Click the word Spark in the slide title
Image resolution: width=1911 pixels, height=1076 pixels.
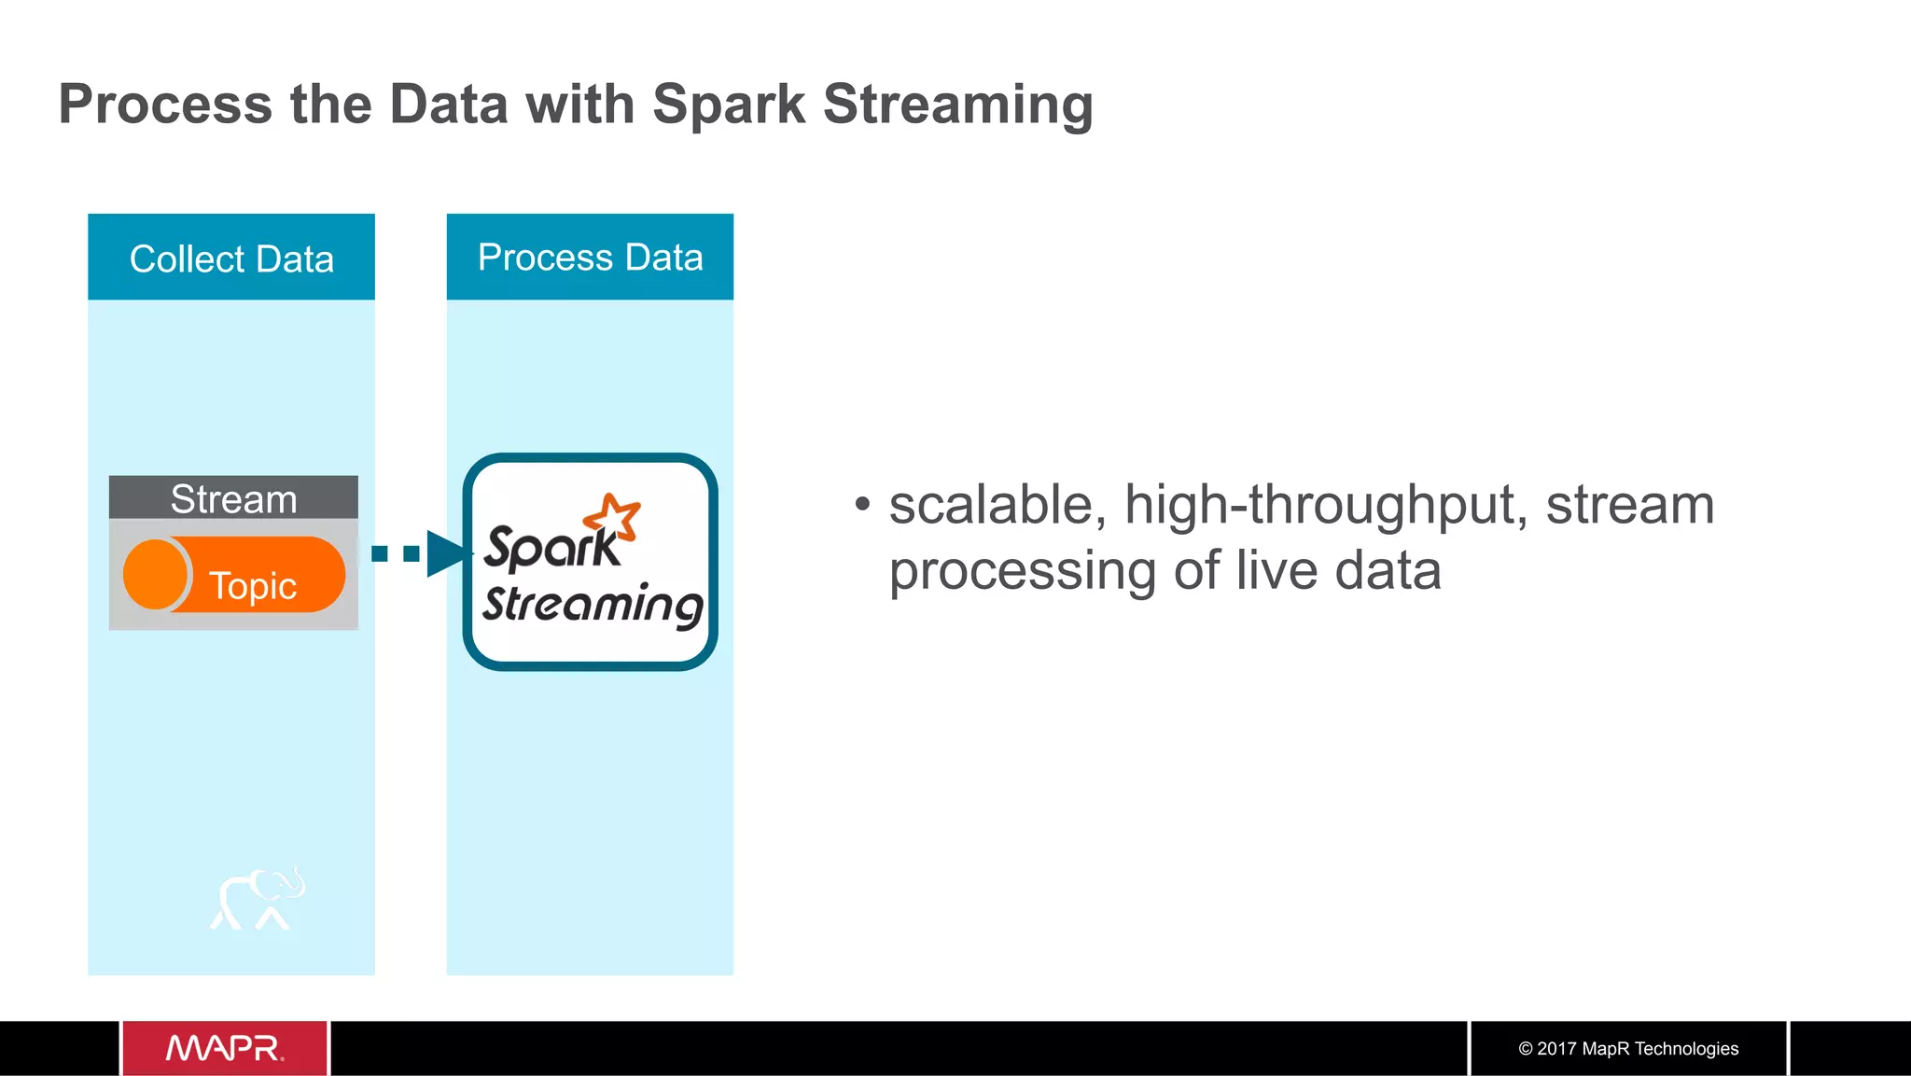click(x=728, y=105)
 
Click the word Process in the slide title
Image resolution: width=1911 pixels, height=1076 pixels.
click(x=165, y=105)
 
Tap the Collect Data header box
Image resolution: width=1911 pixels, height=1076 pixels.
click(x=231, y=258)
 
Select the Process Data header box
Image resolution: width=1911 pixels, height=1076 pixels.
click(x=590, y=258)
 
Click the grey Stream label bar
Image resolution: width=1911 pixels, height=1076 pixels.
click(x=233, y=498)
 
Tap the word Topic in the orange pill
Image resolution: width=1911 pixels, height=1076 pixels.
click(x=253, y=586)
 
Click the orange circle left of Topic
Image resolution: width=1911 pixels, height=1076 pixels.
click(x=155, y=574)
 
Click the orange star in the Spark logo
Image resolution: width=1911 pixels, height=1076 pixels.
click(x=613, y=516)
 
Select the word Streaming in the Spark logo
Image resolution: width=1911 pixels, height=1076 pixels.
click(x=593, y=605)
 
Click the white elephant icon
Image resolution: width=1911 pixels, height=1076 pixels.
click(x=258, y=899)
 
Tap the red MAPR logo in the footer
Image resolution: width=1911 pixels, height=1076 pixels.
click(x=225, y=1048)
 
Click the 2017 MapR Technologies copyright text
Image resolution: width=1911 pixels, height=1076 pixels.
click(x=1628, y=1048)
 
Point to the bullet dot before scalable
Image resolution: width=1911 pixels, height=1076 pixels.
click(x=862, y=505)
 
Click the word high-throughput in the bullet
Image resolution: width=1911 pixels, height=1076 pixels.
click(x=1326, y=505)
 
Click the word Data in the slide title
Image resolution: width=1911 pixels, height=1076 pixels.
click(x=448, y=105)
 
